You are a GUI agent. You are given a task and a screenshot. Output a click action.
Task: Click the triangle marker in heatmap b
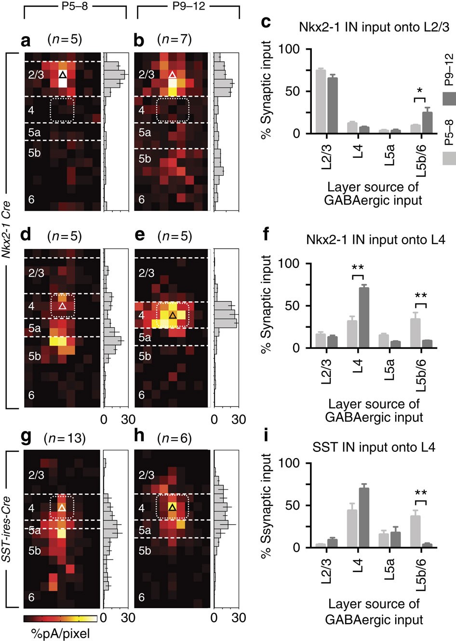173,75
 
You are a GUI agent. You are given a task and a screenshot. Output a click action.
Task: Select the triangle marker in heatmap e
173,315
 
